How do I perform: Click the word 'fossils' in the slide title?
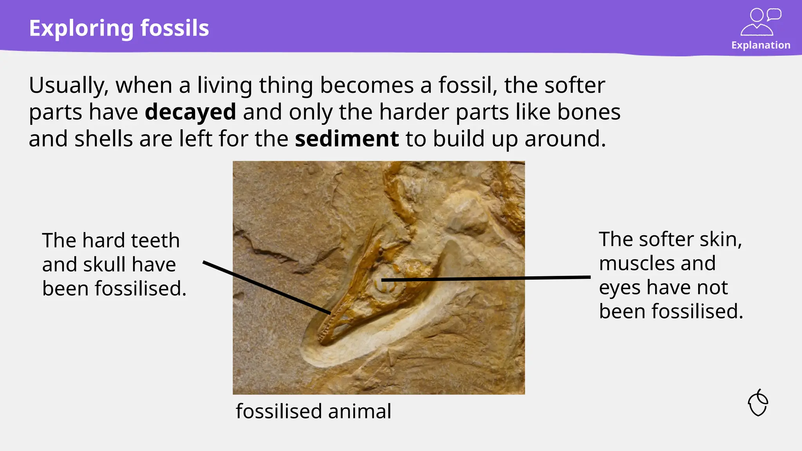175,28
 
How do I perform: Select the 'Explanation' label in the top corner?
760,45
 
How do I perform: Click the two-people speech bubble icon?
760,22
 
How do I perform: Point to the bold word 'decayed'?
190,112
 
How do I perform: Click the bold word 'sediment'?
347,139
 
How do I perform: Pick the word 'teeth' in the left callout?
155,240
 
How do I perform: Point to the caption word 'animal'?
359,411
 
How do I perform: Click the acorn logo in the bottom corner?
758,403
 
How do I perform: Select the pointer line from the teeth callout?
266,288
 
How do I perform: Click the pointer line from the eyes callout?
486,278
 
